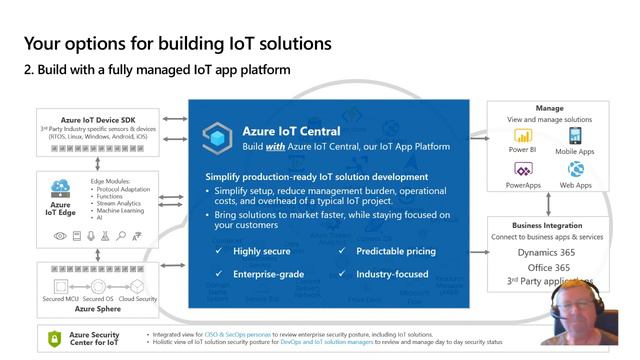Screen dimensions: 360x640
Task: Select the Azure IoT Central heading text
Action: tap(291, 131)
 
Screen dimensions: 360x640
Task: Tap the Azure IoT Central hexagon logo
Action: tap(218, 138)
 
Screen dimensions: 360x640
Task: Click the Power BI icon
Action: tap(522, 136)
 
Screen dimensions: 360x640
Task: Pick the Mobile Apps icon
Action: tap(575, 136)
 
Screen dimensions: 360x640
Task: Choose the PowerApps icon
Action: tap(522, 170)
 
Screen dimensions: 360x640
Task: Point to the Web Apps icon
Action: tap(575, 170)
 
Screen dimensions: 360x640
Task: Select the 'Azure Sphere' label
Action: tap(97, 309)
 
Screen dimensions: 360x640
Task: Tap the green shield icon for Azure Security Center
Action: tap(56, 340)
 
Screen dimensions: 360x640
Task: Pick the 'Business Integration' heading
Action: tap(546, 225)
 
